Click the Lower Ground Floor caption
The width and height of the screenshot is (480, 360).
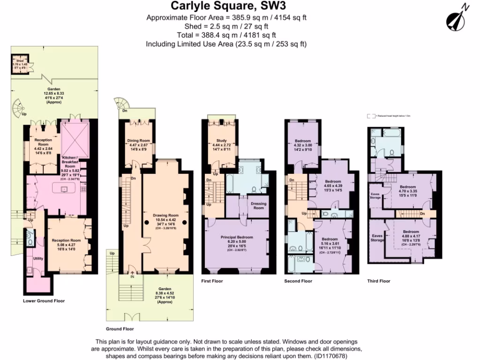(x=44, y=301)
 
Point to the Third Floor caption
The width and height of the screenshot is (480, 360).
(x=379, y=281)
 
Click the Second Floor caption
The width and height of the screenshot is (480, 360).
(x=298, y=281)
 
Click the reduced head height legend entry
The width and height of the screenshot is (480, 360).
(x=388, y=116)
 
